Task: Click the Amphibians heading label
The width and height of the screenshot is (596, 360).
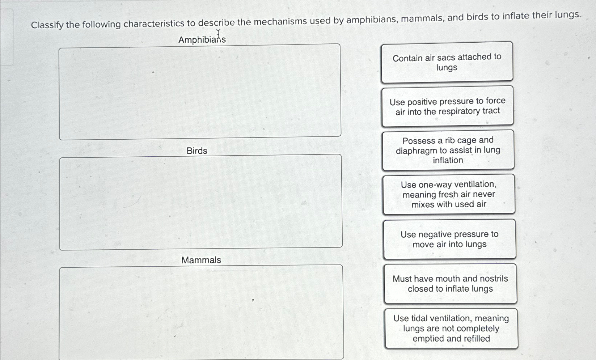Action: pos(202,39)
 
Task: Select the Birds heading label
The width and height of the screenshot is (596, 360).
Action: pos(197,151)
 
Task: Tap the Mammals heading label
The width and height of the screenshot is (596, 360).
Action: pos(201,260)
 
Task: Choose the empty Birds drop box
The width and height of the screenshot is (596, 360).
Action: pos(200,202)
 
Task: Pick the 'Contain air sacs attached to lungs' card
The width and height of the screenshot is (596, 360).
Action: pos(447,62)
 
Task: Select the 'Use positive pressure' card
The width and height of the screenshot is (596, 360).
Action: pos(448,106)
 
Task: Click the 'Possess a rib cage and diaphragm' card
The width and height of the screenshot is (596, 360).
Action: pos(448,150)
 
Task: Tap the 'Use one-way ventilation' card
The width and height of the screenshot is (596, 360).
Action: pos(449,194)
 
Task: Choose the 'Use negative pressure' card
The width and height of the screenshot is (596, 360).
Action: pos(449,239)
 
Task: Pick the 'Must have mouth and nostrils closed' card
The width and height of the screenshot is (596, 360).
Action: pos(450,284)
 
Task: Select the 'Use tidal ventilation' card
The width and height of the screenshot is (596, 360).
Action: pos(451,329)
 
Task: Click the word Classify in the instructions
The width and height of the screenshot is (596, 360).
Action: pos(47,25)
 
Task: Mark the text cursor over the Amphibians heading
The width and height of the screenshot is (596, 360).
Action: pos(218,34)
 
